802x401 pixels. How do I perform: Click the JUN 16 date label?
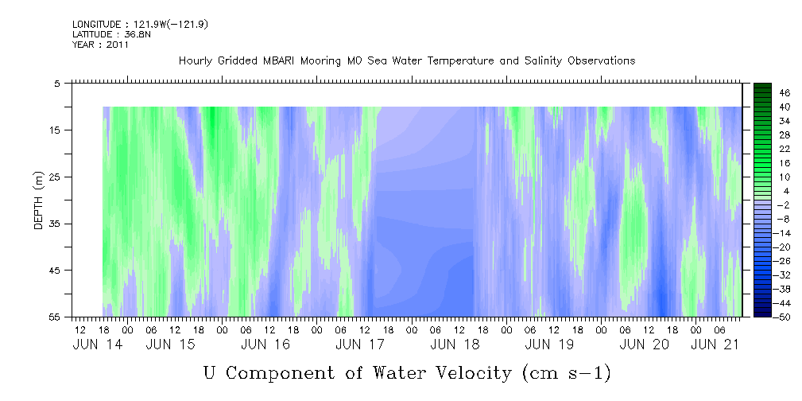(265, 345)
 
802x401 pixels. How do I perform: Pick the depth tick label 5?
(57, 83)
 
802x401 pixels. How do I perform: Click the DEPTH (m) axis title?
(38, 200)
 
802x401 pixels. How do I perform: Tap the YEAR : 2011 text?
(100, 45)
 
